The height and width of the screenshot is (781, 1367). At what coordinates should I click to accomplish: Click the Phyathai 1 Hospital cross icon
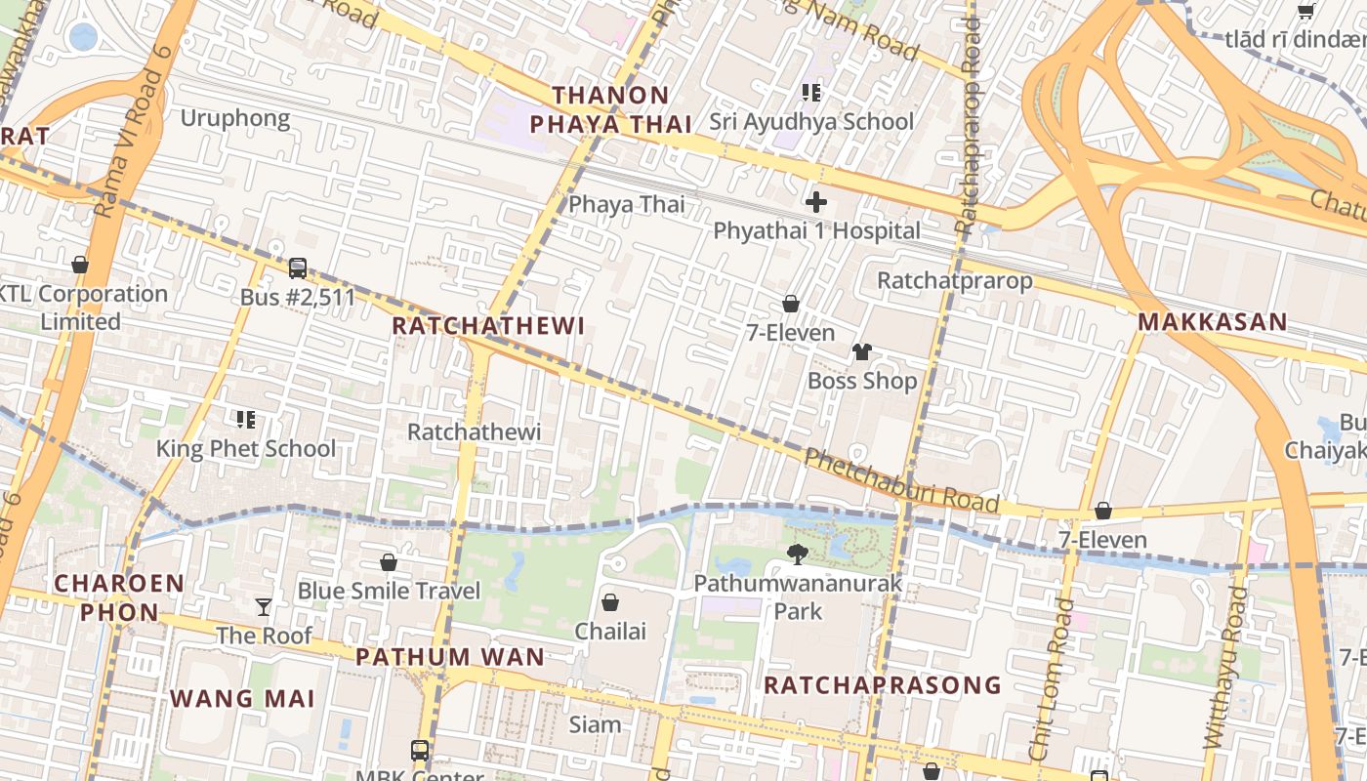point(816,202)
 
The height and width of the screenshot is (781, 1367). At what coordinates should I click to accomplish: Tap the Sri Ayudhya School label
point(811,122)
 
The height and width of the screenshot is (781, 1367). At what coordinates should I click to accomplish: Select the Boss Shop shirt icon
point(861,352)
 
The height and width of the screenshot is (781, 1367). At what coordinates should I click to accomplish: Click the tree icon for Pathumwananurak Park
point(798,555)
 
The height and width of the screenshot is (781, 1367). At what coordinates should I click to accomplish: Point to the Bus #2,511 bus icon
point(298,268)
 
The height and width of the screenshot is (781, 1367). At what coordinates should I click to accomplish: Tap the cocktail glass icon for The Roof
point(264,607)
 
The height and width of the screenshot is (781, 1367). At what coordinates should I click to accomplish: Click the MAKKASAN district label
point(1212,322)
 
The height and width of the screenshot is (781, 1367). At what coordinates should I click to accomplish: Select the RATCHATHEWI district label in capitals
point(488,326)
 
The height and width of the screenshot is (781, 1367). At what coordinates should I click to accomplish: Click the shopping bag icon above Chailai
point(610,602)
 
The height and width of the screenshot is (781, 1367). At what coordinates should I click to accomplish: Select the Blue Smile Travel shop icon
point(389,562)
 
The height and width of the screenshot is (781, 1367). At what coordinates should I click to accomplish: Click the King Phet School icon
point(246,420)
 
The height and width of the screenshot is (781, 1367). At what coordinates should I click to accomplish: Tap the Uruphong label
point(235,119)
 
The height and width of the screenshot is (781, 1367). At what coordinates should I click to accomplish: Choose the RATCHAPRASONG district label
point(883,685)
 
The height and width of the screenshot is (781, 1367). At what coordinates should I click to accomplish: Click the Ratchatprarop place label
point(954,281)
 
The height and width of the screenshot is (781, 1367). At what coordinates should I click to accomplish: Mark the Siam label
point(595,724)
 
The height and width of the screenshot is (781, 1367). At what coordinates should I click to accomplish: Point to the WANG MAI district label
point(243,699)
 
